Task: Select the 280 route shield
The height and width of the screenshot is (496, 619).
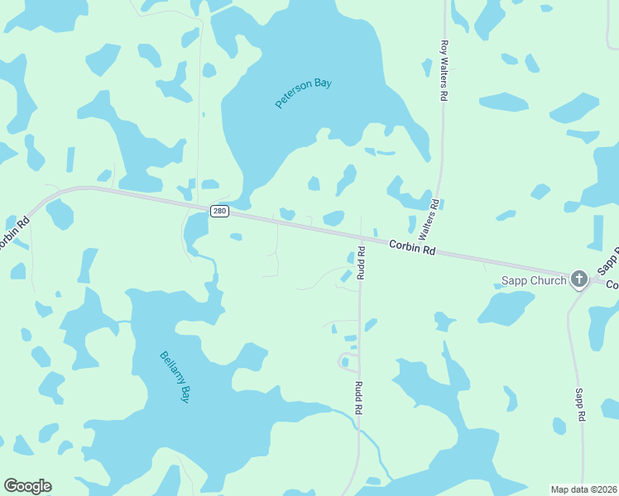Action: coord(218,211)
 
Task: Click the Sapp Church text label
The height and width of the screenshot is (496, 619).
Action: coord(534,280)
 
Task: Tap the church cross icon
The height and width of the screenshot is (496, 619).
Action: coord(578,279)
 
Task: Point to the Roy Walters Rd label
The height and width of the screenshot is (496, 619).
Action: coord(444,70)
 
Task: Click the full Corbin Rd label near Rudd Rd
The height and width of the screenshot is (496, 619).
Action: coord(412,247)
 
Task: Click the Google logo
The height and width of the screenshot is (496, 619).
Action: coord(27,486)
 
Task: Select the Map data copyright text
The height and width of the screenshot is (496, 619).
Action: coord(584,489)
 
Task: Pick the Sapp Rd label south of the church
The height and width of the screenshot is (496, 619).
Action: coord(580,405)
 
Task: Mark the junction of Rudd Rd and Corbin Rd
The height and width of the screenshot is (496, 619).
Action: coord(360,238)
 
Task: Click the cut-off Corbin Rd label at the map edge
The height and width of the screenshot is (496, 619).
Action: coord(14,235)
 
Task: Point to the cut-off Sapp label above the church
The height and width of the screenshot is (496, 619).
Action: coord(608,260)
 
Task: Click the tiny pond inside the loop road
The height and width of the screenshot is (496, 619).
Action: coord(344,361)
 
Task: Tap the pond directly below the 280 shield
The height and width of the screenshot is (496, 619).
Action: coord(196,228)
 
